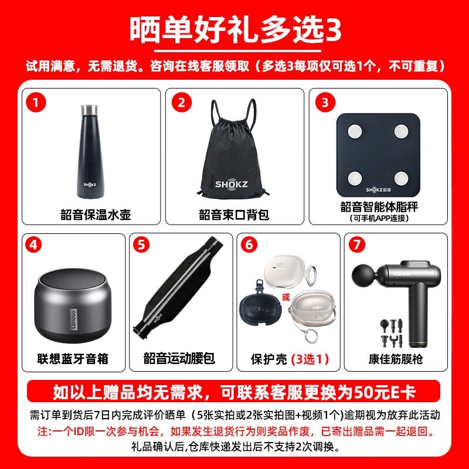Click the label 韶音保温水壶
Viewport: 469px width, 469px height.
point(95,215)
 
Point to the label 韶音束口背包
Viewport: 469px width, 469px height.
point(234,215)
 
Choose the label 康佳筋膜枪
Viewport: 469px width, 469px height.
point(396,358)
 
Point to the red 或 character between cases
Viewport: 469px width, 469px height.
point(286,297)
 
